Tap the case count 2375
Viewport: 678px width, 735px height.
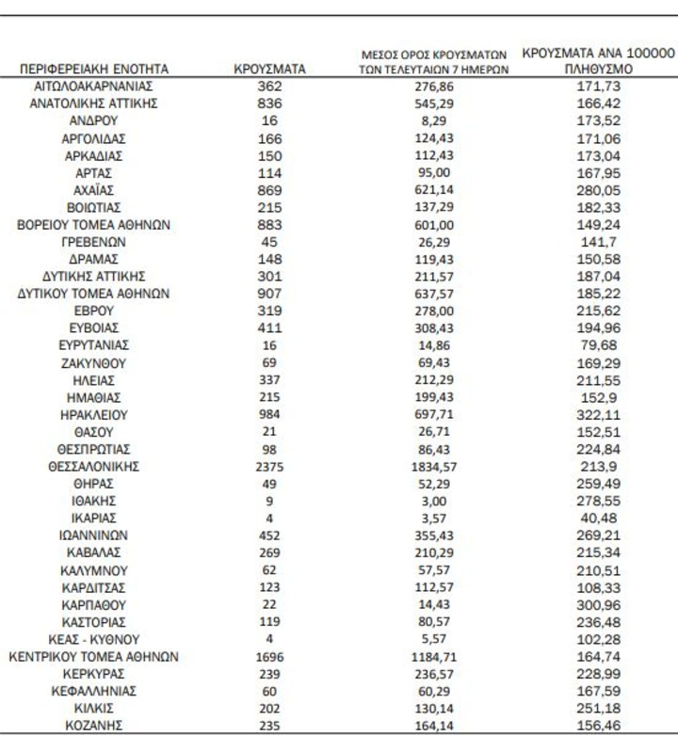269,466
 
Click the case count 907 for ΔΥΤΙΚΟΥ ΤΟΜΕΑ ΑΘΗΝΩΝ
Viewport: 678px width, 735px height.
269,293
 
